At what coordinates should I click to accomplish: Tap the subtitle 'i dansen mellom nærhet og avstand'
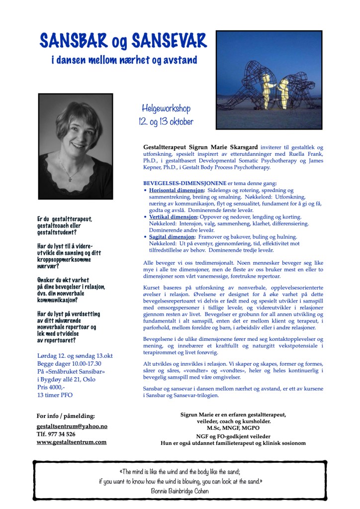point(124,61)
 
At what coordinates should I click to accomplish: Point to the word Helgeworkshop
point(166,108)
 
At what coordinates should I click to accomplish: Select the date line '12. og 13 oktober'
point(166,121)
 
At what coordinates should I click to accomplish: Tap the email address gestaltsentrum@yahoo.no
point(72,426)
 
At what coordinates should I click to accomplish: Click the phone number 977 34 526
point(62,434)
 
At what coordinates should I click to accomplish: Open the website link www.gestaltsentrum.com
point(72,442)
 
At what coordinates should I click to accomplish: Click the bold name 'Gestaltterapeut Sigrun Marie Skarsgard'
point(201,148)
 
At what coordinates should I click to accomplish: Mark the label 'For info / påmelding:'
point(66,416)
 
